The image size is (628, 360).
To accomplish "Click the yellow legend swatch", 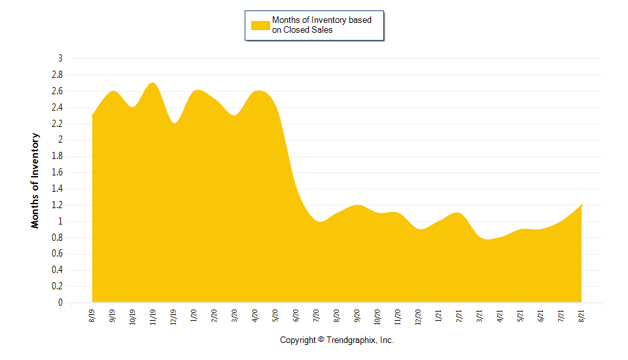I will point(260,25).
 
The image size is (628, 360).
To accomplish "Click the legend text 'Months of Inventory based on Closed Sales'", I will point(321,25).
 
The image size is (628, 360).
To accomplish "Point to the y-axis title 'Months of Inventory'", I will point(35,180).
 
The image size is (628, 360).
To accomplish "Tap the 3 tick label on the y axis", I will point(60,58).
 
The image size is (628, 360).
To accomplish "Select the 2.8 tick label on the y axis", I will point(58,75).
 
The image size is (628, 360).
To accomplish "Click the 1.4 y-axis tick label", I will point(58,189).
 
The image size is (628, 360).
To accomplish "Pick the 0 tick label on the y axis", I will point(60,303).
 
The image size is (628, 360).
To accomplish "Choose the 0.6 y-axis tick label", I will point(58,254).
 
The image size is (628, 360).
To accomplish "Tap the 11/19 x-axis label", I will point(153,317).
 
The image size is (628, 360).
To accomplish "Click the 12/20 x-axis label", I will point(418,317).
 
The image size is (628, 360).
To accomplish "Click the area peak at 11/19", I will point(152,83).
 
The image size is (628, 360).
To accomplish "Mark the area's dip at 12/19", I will point(174,123).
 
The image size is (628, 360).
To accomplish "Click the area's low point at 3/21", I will point(487,240).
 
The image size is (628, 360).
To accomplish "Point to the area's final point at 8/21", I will point(582,206).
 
